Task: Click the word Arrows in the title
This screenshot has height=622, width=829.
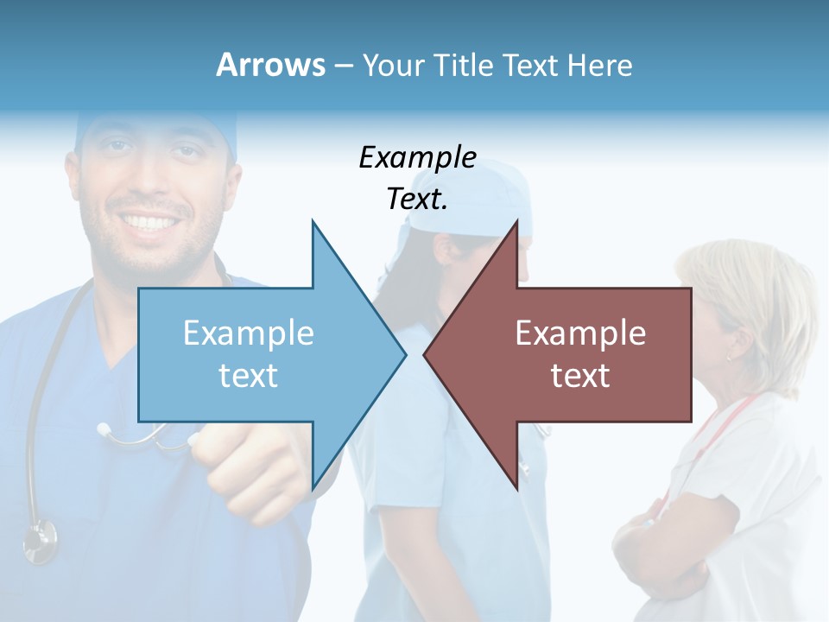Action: tap(270, 65)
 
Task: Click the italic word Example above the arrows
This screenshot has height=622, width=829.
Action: tap(417, 158)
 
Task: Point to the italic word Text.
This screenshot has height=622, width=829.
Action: tap(417, 200)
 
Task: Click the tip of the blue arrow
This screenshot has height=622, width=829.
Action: tap(405, 353)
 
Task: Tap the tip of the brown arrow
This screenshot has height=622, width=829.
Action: tap(425, 353)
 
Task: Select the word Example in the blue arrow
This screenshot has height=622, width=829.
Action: tap(249, 333)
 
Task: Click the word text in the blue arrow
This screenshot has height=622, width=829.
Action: tap(249, 376)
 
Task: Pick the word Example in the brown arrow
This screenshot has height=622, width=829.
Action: tap(580, 333)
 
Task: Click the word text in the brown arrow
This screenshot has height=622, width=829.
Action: tap(580, 376)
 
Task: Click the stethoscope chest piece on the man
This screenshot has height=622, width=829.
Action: tap(39, 540)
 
